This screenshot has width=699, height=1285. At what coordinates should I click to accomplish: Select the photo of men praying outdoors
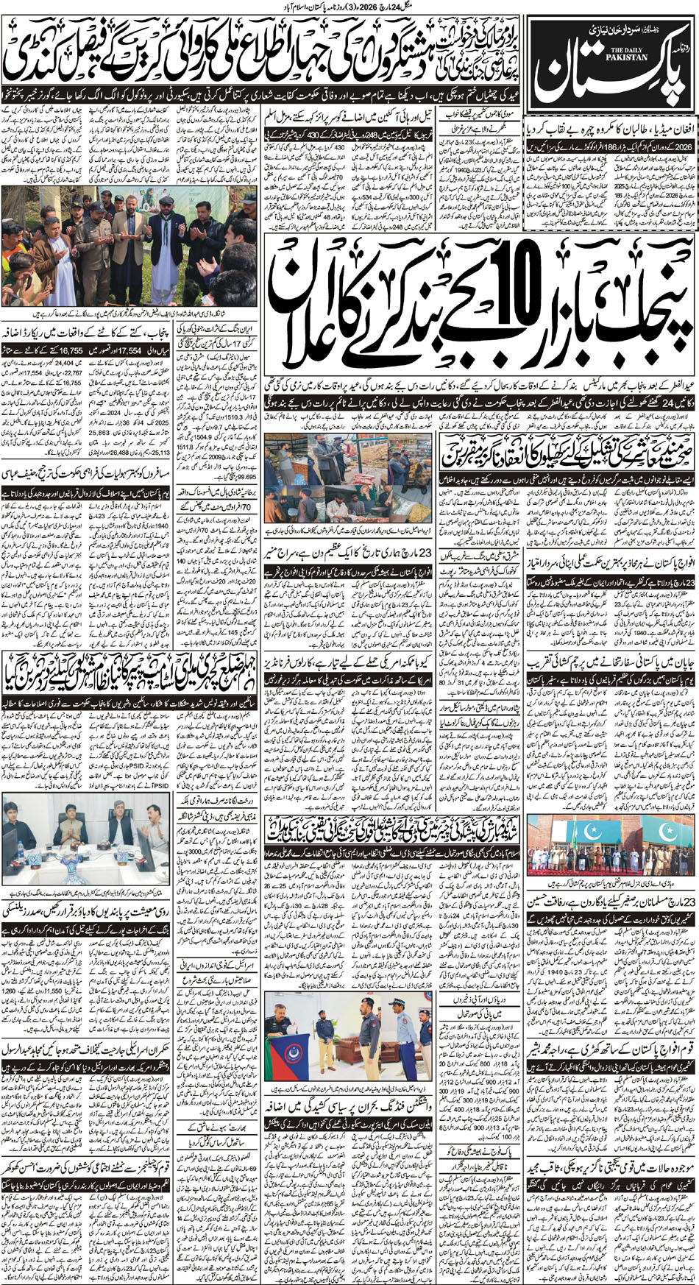pyautogui.click(x=129, y=244)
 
